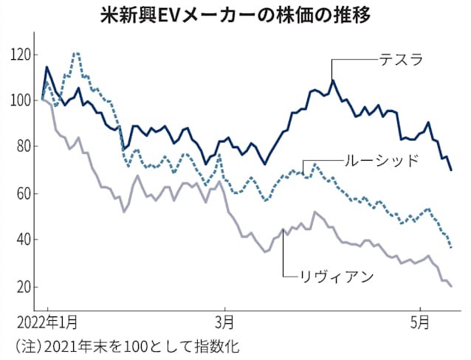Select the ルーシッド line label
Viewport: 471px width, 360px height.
pos(381,160)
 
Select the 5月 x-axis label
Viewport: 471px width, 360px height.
pos(419,322)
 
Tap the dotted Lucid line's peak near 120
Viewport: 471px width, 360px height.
pos(76,53)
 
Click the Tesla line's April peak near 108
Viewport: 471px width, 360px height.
pos(332,80)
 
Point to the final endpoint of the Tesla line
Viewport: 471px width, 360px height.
pos(451,170)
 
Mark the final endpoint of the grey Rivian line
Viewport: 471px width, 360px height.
pos(451,286)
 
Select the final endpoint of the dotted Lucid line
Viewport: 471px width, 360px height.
pos(451,247)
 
